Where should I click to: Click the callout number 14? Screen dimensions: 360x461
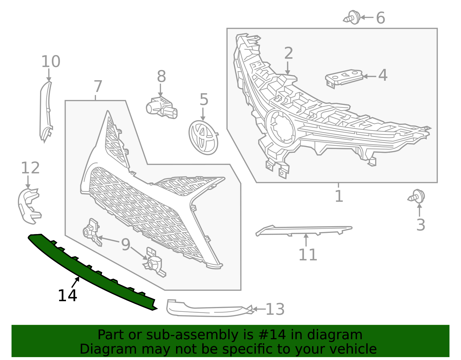(67, 296)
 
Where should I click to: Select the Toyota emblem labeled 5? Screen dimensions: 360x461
(203, 137)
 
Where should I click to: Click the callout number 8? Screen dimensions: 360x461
(161, 77)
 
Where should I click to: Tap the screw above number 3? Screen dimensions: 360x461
(417, 197)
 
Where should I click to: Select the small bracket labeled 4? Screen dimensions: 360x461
(344, 77)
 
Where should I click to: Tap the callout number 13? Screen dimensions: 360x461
(275, 309)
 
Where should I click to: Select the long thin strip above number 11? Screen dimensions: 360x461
(304, 230)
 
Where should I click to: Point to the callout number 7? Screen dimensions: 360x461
(98, 86)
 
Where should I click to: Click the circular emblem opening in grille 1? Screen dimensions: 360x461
(281, 129)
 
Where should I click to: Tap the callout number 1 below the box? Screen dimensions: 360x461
(339, 196)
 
